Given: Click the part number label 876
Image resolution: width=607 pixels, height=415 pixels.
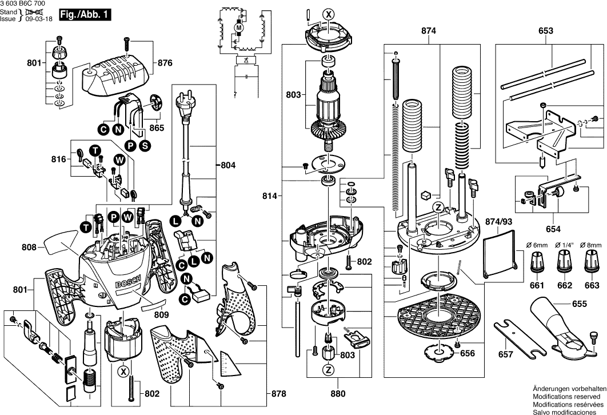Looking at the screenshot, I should pos(165,63).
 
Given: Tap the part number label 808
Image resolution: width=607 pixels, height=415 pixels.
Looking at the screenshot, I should pos(29,248).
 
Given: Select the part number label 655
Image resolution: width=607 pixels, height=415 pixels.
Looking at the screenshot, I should pos(579,305).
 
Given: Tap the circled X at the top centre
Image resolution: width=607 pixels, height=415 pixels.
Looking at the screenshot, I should pos(328,14).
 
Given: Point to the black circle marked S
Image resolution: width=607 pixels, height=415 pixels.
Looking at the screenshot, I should pos(145,146).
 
